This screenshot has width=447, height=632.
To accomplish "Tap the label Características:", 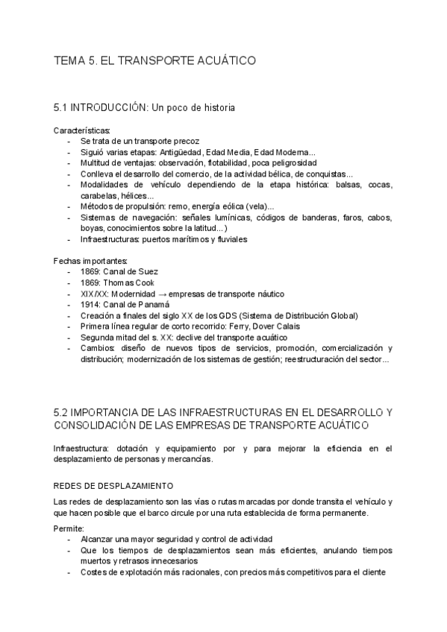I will point(82,130).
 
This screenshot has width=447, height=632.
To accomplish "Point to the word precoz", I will point(184,141).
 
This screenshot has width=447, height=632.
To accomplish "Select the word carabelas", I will point(99,195).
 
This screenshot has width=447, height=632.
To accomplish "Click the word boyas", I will point(92,228).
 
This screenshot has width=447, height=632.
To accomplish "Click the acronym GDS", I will point(256,316).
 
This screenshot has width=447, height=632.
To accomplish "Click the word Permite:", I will point(69,528).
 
